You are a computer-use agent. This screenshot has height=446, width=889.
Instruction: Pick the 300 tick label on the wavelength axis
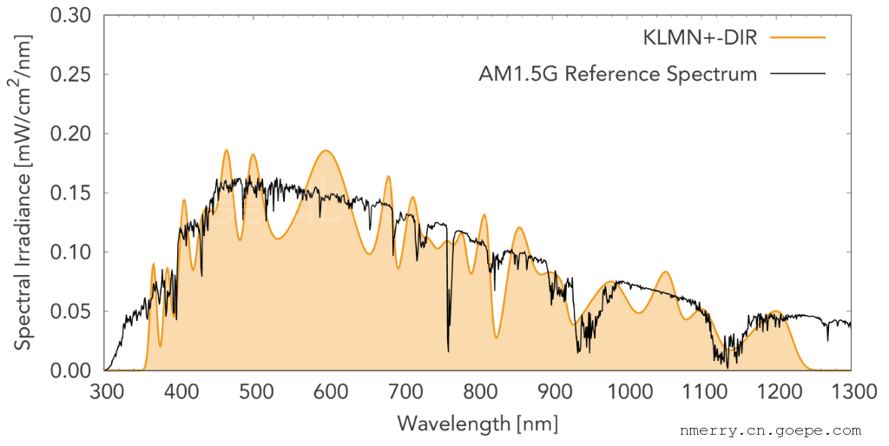pyautogui.click(x=106, y=392)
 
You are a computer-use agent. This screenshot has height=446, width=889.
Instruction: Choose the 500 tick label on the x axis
pyautogui.click(x=255, y=392)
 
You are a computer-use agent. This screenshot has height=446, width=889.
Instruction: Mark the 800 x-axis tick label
pyautogui.click(x=478, y=392)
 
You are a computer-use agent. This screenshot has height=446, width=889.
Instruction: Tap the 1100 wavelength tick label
pyautogui.click(x=701, y=392)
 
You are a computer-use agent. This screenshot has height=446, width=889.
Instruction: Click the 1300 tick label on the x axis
pyautogui.click(x=851, y=392)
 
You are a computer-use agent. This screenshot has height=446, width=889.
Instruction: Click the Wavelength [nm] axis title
pyautogui.click(x=477, y=423)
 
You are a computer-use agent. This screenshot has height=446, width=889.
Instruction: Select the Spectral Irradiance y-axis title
pyautogui.click(x=24, y=193)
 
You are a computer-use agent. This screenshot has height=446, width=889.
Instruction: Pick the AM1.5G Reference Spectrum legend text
pyautogui.click(x=618, y=75)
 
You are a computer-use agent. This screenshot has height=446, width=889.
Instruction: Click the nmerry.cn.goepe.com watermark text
pyautogui.click(x=770, y=430)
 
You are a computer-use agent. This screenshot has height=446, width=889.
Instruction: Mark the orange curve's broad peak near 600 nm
pyautogui.click(x=326, y=151)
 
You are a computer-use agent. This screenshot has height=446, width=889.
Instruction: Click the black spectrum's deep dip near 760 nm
pyautogui.click(x=448, y=350)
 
